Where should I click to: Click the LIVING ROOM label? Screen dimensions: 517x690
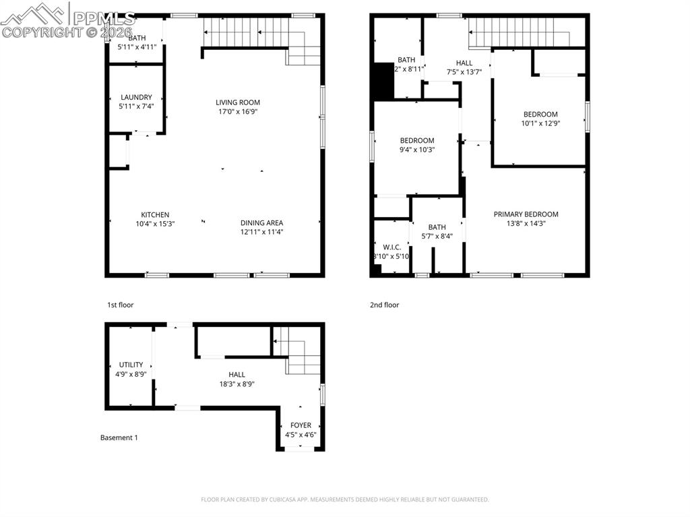[238, 102]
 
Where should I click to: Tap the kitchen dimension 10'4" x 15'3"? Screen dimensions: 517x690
[154, 224]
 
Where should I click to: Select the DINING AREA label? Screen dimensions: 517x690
[261, 223]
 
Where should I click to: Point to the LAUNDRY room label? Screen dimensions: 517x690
[136, 97]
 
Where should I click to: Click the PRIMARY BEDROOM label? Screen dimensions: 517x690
[526, 214]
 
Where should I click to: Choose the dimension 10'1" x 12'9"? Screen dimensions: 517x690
[540, 123]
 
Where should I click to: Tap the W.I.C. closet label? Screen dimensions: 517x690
[391, 247]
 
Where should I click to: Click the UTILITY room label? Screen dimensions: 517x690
[131, 365]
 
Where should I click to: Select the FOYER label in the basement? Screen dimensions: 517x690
[301, 425]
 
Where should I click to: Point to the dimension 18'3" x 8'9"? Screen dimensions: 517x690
[237, 384]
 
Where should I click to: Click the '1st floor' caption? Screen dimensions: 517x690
[120, 305]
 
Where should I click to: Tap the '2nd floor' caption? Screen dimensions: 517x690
[384, 305]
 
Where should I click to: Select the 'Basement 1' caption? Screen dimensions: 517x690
[119, 437]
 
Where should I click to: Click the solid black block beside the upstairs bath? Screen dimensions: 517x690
[383, 80]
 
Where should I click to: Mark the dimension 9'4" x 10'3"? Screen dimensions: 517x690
[417, 150]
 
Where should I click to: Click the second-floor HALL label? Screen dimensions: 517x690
[464, 63]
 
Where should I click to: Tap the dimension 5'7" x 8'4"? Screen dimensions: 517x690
[437, 236]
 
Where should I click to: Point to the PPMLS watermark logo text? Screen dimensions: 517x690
[104, 18]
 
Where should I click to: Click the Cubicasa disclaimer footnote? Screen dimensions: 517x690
[344, 499]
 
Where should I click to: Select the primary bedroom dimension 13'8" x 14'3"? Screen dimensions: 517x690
[526, 223]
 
